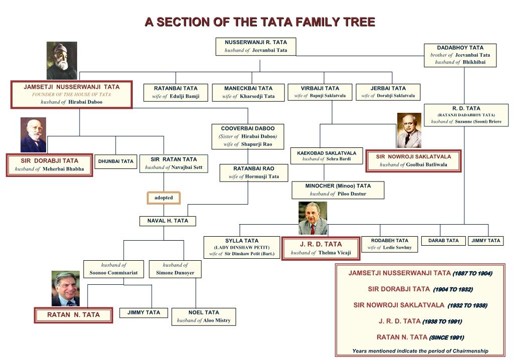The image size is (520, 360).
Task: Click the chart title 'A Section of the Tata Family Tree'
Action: pos(259,22)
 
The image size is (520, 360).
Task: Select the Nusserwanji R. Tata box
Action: pos(255,46)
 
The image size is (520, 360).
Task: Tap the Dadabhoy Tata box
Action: pos(460,55)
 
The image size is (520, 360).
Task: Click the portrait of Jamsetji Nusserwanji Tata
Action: pos(62,61)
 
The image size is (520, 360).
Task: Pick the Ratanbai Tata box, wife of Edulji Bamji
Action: pos(175,92)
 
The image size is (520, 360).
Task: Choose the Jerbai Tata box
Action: pos(388,92)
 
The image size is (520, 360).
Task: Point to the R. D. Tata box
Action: pos(466,115)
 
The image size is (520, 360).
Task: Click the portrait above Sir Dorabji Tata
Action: pos(33,135)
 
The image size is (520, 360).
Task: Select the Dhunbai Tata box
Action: pos(116,161)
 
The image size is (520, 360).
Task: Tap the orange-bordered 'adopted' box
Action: pos(163,198)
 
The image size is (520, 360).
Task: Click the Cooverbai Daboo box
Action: pos(247,136)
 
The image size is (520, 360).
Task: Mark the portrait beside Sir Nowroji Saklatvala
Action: pos(409,130)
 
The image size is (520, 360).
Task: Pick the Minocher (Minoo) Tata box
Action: pos(338,190)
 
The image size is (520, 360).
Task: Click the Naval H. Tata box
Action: pos(167,221)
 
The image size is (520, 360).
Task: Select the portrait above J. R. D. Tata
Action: pos(313,219)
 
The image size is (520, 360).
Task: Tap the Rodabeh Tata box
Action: pos(389,244)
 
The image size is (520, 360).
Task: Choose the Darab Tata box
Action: pos(443,241)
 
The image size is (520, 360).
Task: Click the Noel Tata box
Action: pos(203,316)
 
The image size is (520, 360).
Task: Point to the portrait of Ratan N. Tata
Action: pos(65,289)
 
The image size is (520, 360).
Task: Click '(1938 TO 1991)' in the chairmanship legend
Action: pos(442,321)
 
